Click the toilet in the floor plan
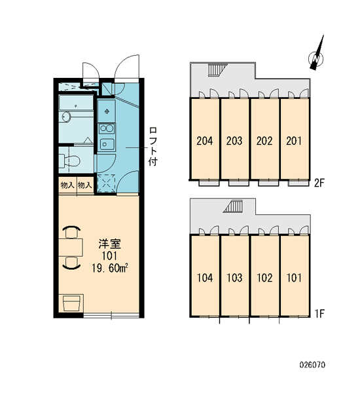(x=69, y=160)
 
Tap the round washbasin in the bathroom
(x=66, y=117)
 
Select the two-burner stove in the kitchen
(x=107, y=129)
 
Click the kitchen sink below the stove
(x=107, y=144)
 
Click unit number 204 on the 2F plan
(x=205, y=141)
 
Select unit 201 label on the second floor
(x=294, y=141)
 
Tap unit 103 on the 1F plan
(x=234, y=278)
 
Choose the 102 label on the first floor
(x=264, y=278)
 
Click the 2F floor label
(x=319, y=183)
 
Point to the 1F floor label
(x=319, y=313)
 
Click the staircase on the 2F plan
(x=217, y=69)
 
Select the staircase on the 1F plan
(x=233, y=206)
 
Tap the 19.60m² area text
(x=110, y=269)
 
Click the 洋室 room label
(x=109, y=244)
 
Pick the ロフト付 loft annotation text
(x=153, y=146)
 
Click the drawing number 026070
(x=312, y=365)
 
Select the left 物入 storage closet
(x=67, y=185)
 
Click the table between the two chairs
(x=71, y=248)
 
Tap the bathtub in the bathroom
(x=76, y=103)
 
